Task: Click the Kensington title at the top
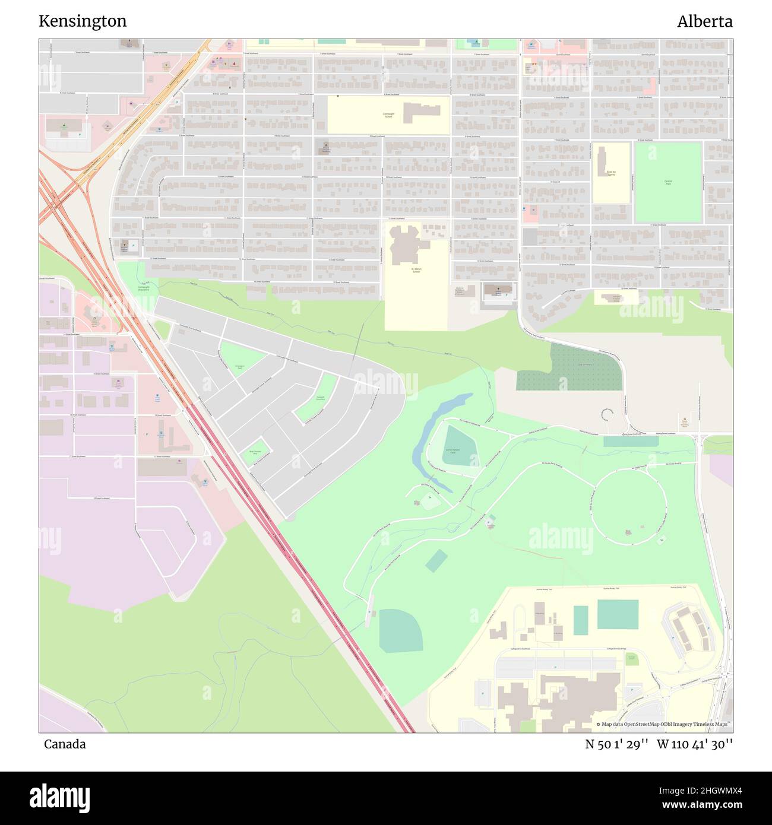tap(83, 21)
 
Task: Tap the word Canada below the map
tap(65, 744)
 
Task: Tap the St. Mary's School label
tap(416, 271)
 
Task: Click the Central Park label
tap(668, 182)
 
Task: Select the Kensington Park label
tap(240, 367)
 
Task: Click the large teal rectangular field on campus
tap(618, 614)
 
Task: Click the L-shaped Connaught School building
tap(421, 112)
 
